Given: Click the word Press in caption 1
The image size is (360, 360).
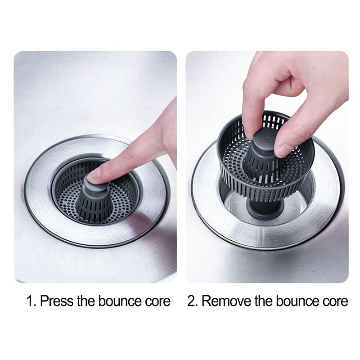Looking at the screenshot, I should coord(57,301).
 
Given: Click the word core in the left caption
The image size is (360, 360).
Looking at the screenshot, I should coord(157,301).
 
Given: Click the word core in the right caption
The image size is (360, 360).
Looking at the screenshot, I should coord(334,301).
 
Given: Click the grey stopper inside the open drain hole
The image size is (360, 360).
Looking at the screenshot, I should coord(265,209).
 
